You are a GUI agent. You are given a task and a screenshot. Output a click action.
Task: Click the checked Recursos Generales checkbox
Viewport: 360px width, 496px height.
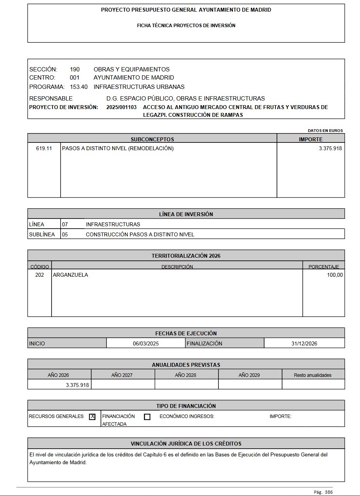92,417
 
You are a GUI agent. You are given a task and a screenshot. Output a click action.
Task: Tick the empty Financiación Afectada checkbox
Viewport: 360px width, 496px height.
147,417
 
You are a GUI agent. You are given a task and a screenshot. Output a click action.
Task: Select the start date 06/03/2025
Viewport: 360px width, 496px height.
146,343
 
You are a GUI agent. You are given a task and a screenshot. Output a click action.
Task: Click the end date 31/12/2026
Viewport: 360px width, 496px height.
304,343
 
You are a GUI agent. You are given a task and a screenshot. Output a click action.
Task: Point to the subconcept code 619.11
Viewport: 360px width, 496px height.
44,148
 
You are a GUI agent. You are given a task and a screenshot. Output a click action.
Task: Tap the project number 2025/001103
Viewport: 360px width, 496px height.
121,107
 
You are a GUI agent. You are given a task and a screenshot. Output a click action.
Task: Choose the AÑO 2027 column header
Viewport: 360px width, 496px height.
122,375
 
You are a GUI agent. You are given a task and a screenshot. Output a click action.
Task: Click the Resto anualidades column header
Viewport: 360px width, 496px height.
313,375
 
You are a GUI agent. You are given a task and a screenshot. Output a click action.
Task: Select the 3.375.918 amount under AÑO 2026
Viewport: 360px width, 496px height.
78,385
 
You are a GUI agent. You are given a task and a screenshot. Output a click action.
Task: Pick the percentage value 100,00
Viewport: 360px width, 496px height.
335,275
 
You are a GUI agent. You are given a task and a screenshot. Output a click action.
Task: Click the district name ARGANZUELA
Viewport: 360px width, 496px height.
70,275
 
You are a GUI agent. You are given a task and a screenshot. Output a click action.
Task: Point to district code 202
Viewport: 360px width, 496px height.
40,275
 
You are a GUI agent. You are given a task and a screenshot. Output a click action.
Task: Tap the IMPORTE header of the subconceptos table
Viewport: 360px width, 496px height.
310,139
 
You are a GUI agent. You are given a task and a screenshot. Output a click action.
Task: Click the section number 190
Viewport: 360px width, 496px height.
75,69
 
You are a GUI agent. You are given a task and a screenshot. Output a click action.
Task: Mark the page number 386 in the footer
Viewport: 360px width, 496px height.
329,492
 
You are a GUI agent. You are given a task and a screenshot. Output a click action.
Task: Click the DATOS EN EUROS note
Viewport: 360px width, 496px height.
325,130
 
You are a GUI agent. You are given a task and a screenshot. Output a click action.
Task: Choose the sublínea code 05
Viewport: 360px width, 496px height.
65,234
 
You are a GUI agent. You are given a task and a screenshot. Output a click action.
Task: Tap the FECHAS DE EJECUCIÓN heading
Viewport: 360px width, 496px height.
186,333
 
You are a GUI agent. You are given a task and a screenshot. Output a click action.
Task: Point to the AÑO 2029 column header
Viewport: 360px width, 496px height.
249,375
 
